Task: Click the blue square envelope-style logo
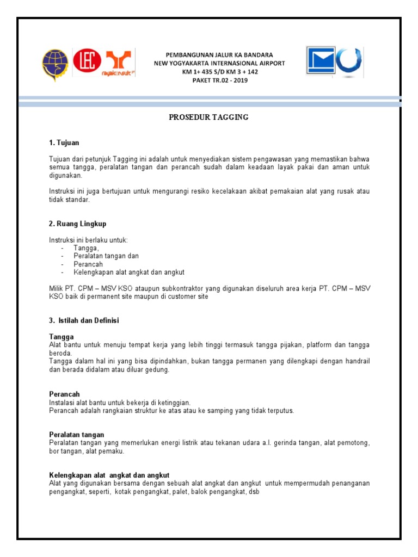point(321,60)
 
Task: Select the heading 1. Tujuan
point(64,143)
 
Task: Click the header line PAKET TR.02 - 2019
point(219,81)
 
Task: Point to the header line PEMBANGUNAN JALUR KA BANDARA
point(219,55)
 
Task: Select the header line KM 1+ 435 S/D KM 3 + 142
point(219,72)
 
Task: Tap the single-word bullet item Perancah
point(88,264)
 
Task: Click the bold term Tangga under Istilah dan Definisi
point(61,337)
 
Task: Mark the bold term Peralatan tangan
point(76,435)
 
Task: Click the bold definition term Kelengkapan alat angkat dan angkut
point(112,475)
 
